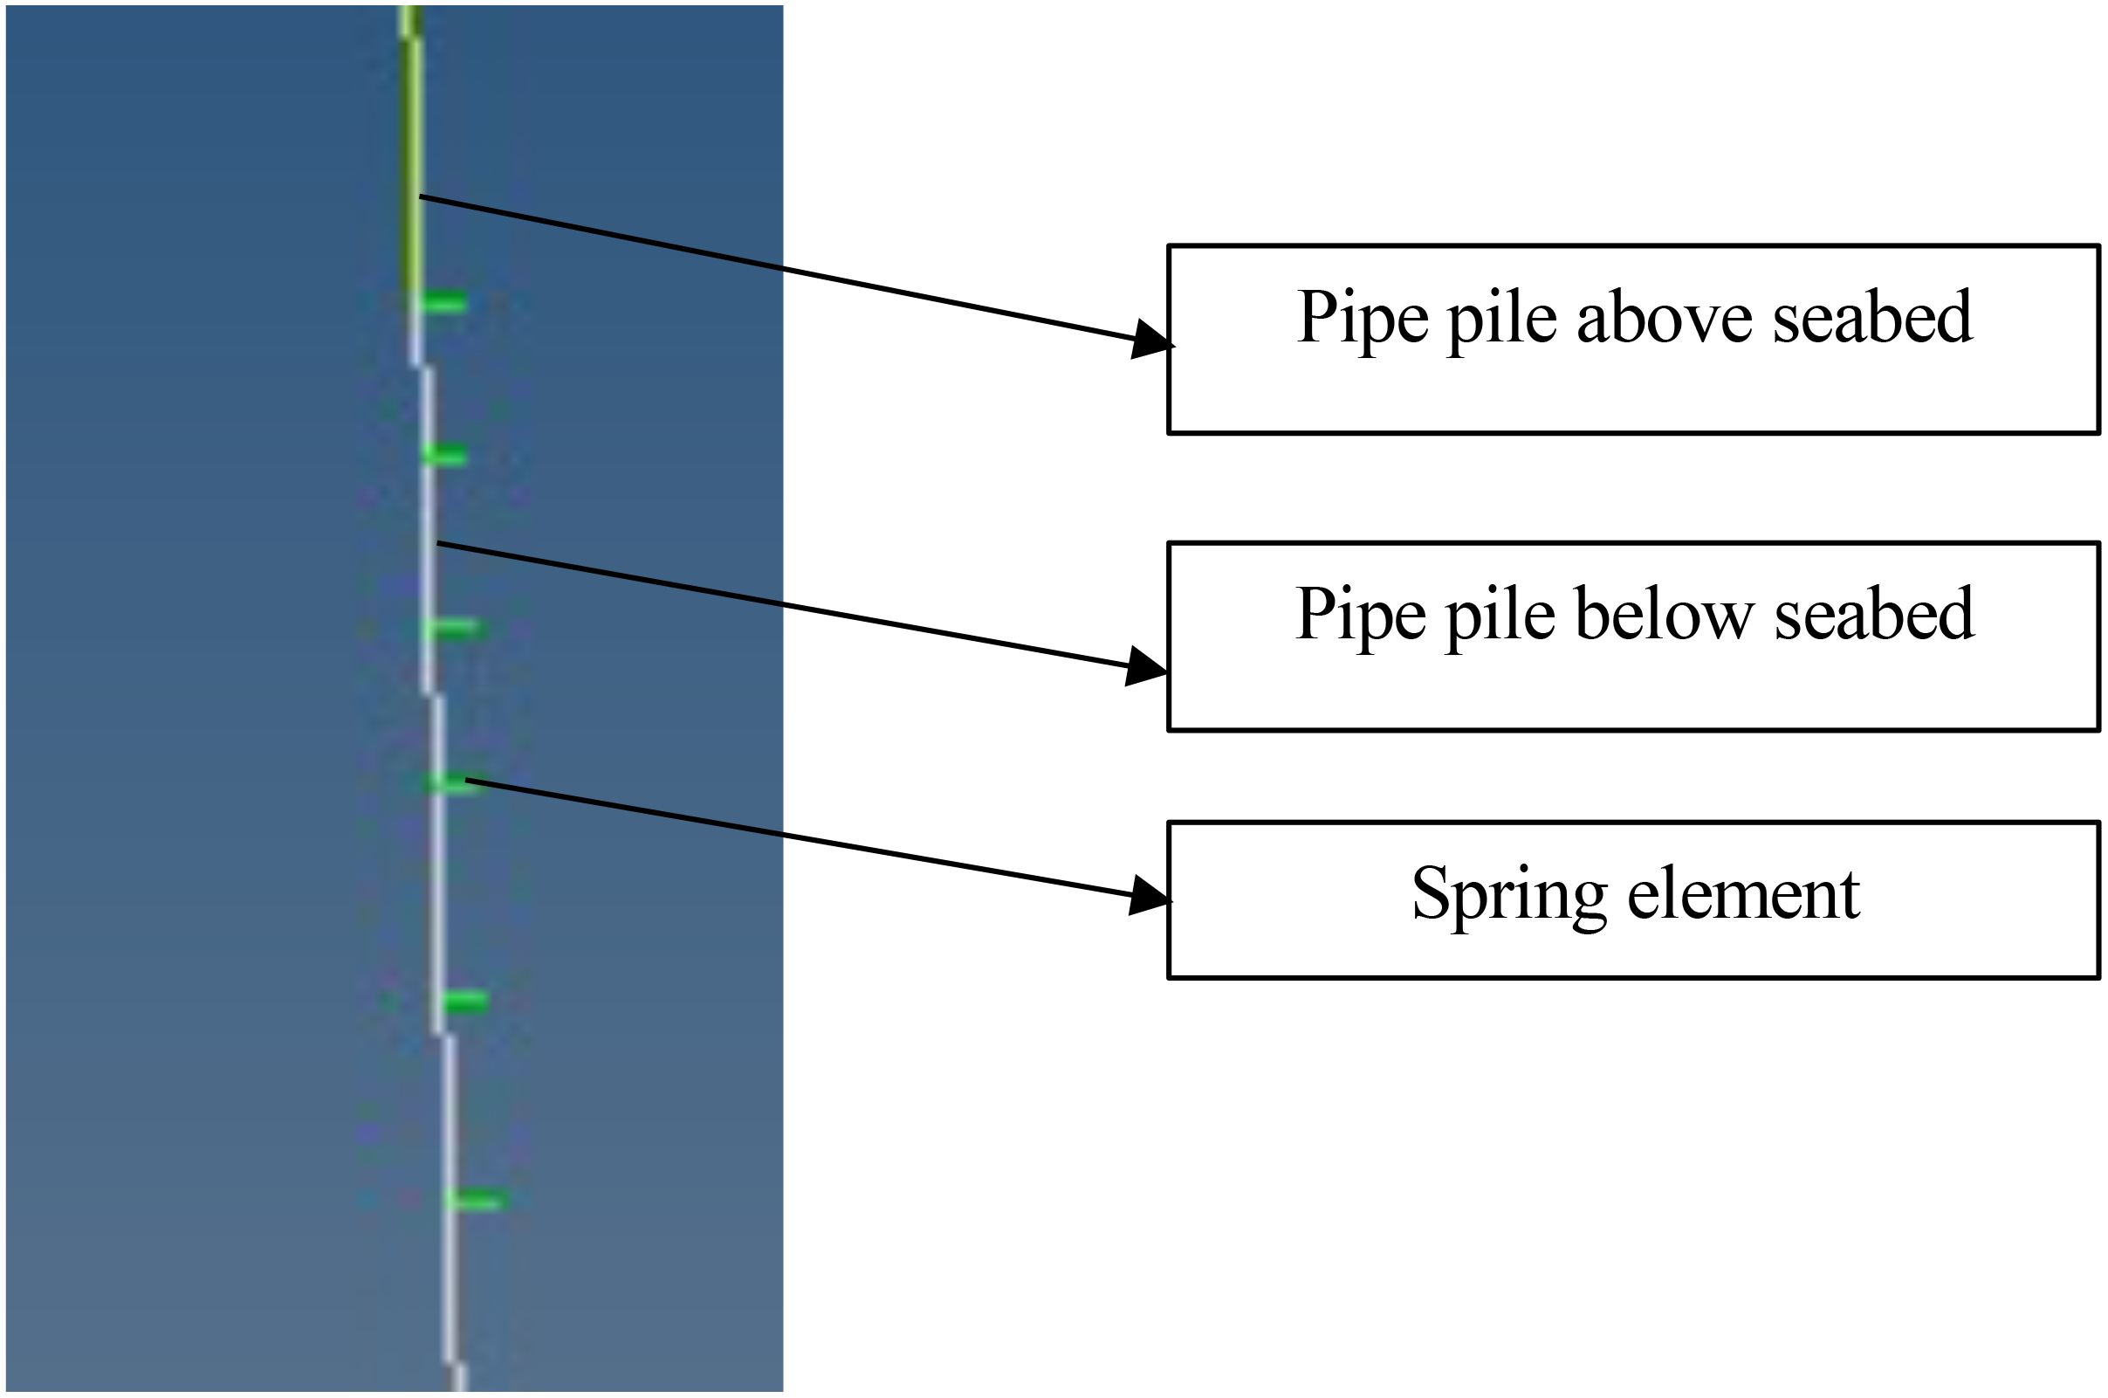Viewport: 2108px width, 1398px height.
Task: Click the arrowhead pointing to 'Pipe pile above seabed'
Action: click(x=1151, y=340)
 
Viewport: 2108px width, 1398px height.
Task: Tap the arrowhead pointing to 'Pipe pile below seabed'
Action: click(x=1146, y=667)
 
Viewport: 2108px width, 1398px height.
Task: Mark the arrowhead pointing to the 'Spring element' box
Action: click(x=1150, y=896)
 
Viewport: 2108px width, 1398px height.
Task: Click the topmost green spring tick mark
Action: click(x=443, y=303)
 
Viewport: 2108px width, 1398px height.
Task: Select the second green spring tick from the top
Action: click(x=445, y=456)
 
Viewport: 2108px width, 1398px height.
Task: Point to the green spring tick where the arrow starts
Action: click(x=453, y=783)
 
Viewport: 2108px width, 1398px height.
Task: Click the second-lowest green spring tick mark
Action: click(x=464, y=1002)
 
